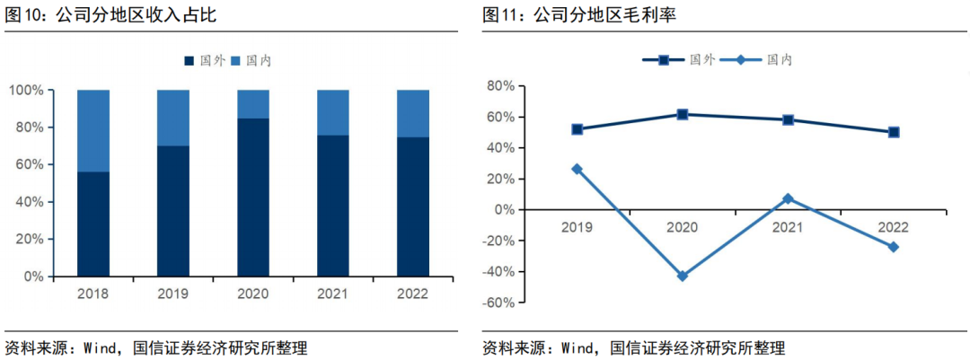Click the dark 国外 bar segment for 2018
[93, 224]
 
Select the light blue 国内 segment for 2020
[253, 103]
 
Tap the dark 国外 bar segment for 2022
[412, 206]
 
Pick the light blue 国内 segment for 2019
[173, 118]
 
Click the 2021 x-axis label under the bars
[332, 294]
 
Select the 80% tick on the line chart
[500, 86]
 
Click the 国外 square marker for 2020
[683, 114]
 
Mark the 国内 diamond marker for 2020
[683, 276]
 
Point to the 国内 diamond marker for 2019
[577, 169]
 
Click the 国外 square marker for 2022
[894, 132]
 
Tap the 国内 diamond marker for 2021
[788, 198]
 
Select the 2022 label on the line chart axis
[894, 227]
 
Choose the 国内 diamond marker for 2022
[894, 247]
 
